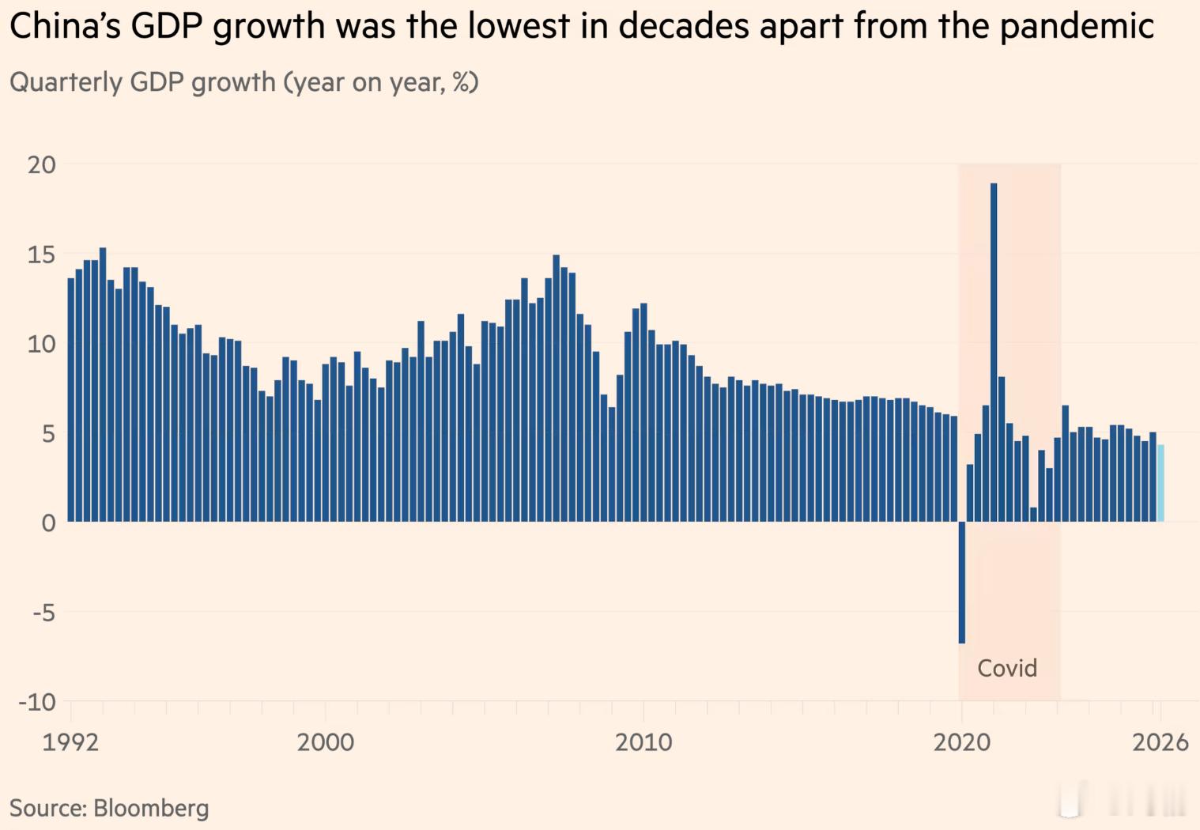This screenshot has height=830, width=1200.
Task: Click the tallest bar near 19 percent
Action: pyautogui.click(x=994, y=352)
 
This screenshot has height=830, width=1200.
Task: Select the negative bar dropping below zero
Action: pyautogui.click(x=962, y=582)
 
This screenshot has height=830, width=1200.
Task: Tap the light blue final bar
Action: pyautogui.click(x=1161, y=483)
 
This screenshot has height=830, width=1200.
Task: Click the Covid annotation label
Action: pyautogui.click(x=1007, y=668)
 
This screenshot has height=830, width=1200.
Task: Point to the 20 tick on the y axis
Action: pyautogui.click(x=42, y=165)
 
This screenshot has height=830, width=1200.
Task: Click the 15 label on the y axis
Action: pyautogui.click(x=42, y=255)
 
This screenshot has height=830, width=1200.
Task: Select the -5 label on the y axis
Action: pyautogui.click(x=44, y=612)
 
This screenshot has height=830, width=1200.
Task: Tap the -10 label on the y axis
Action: pyautogui.click(x=37, y=701)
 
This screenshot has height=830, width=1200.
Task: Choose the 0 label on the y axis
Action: pyautogui.click(x=49, y=523)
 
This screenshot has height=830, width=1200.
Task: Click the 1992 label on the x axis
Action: pyautogui.click(x=70, y=743)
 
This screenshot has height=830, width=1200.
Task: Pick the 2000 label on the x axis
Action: pyautogui.click(x=326, y=743)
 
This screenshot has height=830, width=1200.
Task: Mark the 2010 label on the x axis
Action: pyautogui.click(x=643, y=743)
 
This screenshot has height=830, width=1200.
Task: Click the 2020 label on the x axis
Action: pyautogui.click(x=962, y=743)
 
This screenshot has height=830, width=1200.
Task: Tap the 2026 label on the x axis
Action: pyautogui.click(x=1160, y=743)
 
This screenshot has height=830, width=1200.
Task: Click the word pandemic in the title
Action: pyautogui.click(x=1077, y=26)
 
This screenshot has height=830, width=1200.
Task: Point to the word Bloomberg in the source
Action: pyautogui.click(x=151, y=808)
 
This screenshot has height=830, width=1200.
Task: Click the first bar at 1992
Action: pyautogui.click(x=70, y=400)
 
